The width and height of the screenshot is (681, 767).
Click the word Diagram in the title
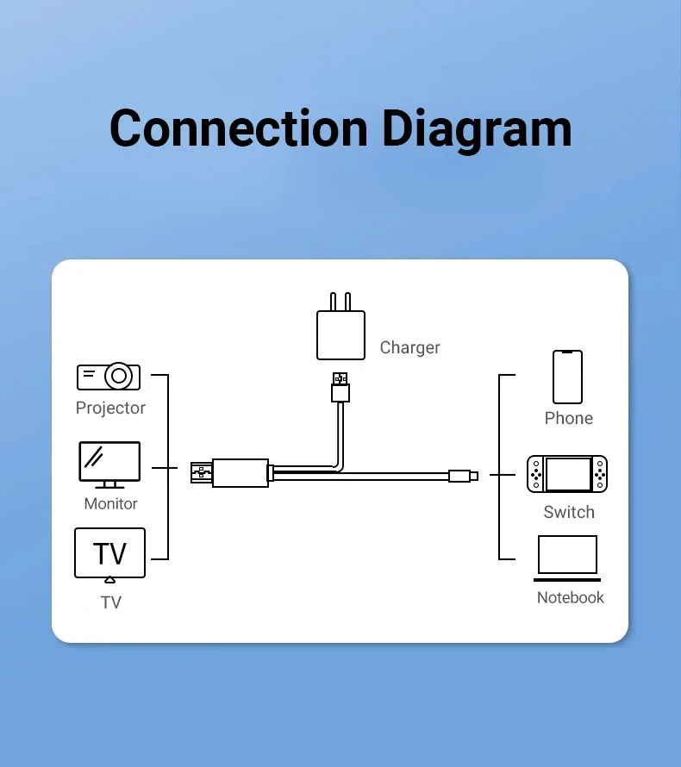click(477, 129)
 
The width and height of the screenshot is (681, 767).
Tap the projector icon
click(109, 377)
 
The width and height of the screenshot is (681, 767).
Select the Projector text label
click(110, 408)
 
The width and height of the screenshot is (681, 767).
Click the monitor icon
click(109, 465)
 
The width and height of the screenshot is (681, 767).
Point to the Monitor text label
click(110, 503)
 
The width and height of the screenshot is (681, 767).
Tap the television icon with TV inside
click(109, 553)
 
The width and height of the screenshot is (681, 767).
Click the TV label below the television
click(110, 602)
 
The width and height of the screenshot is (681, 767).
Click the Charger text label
click(409, 347)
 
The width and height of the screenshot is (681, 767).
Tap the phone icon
click(567, 377)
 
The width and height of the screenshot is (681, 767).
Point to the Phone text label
click(568, 418)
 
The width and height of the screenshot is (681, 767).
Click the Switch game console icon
click(567, 474)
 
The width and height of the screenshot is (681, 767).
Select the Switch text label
click(568, 512)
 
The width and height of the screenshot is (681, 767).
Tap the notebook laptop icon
click(567, 558)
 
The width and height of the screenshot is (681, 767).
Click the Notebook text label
click(570, 597)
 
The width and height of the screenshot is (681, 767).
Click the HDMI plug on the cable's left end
click(201, 473)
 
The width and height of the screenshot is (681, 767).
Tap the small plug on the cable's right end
click(462, 475)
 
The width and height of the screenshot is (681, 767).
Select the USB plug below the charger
click(340, 388)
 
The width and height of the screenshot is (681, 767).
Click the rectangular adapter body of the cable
click(239, 473)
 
